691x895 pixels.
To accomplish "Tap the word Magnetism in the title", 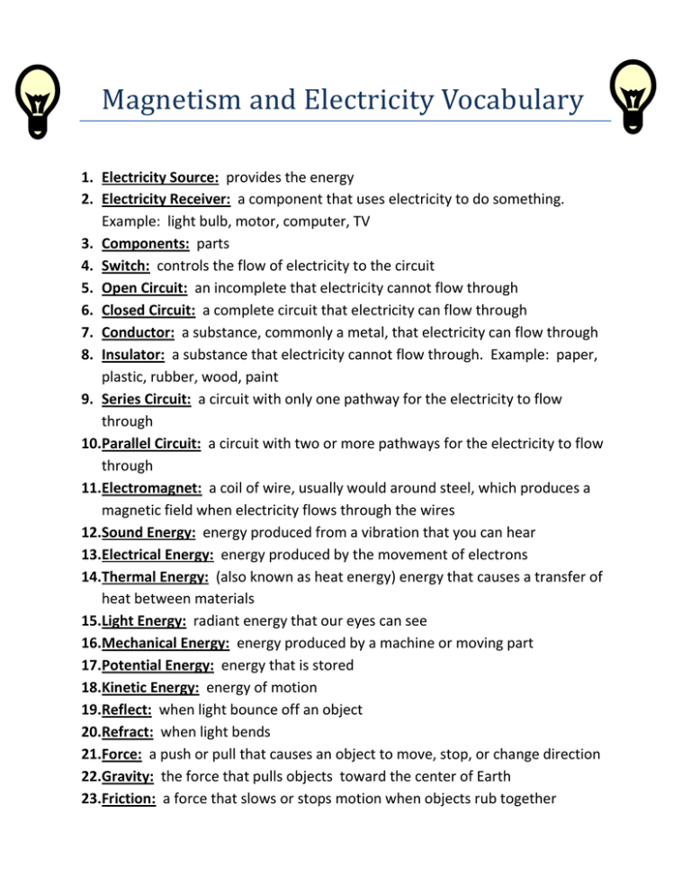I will tap(163, 100).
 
